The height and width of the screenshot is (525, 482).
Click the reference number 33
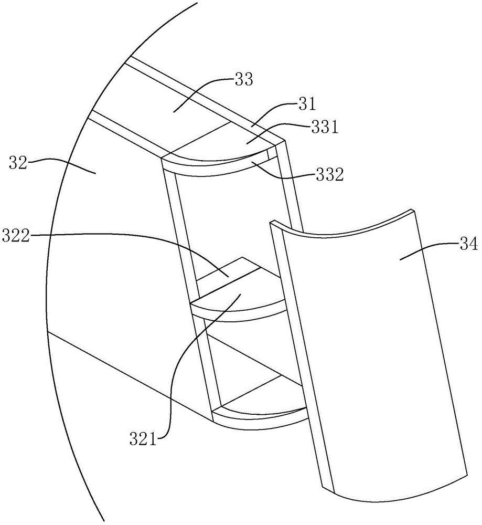click(244, 80)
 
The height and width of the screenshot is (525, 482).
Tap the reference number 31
click(307, 104)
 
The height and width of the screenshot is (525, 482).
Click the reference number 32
click(18, 164)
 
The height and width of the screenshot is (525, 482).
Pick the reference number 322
click(16, 236)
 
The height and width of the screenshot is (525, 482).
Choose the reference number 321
click(143, 438)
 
